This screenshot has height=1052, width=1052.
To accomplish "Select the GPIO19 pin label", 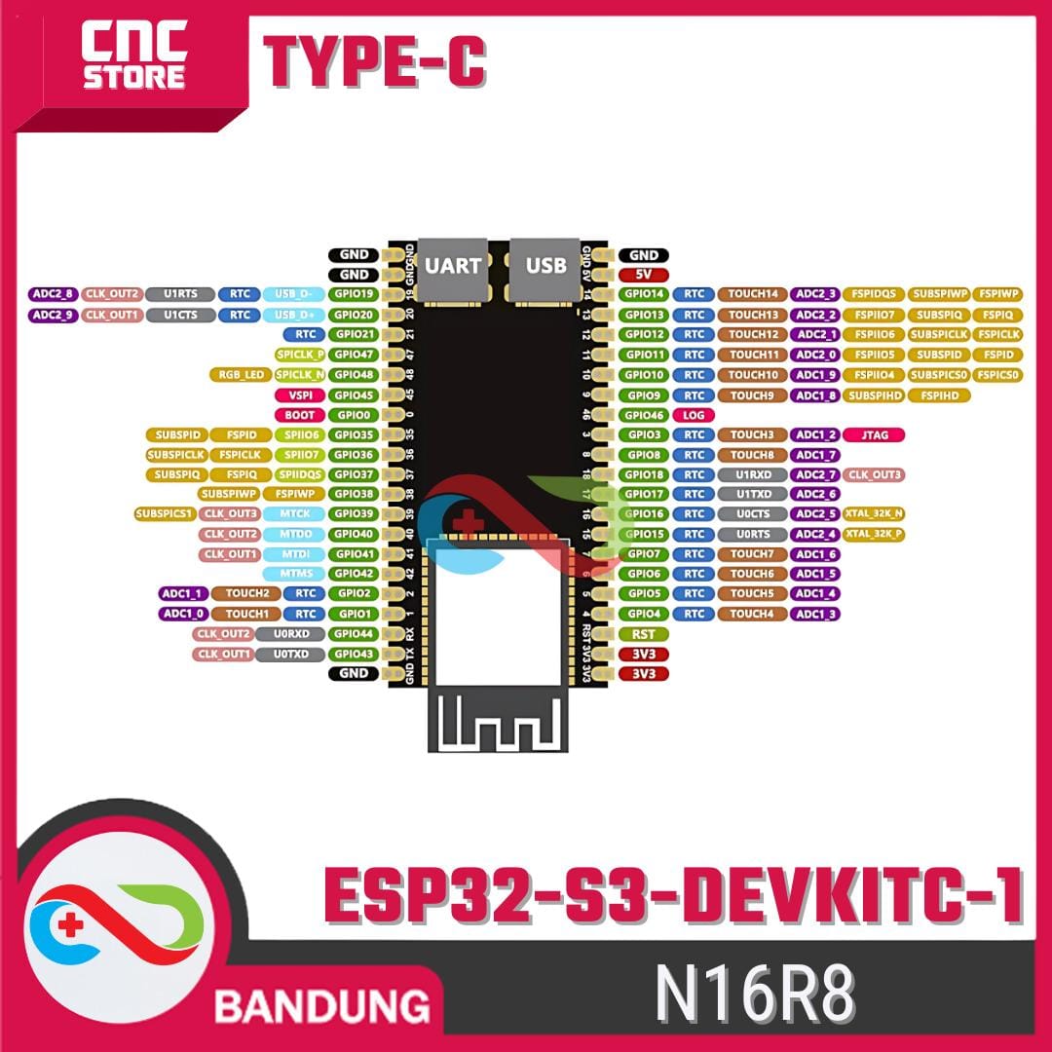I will [x=352, y=294].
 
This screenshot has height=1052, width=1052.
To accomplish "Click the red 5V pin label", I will [x=643, y=275].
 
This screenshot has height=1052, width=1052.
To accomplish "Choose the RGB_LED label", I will [x=240, y=375].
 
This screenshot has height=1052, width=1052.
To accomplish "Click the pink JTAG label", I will [x=875, y=434].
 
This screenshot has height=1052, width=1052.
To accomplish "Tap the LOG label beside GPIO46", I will [x=695, y=415].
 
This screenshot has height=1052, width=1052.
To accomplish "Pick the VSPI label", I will [x=300, y=395].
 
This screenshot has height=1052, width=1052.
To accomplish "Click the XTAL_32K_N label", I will [x=875, y=514].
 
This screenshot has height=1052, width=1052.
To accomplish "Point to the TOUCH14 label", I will [x=753, y=294].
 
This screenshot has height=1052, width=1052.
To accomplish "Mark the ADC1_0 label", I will [x=182, y=614].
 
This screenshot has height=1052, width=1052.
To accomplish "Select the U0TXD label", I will [x=290, y=654].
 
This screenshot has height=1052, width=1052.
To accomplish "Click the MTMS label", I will [x=294, y=574].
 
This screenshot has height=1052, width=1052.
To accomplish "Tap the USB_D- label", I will [x=294, y=294].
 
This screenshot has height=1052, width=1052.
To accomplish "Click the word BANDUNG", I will [x=322, y=1004].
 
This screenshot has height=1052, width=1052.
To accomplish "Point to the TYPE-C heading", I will [x=375, y=61].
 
